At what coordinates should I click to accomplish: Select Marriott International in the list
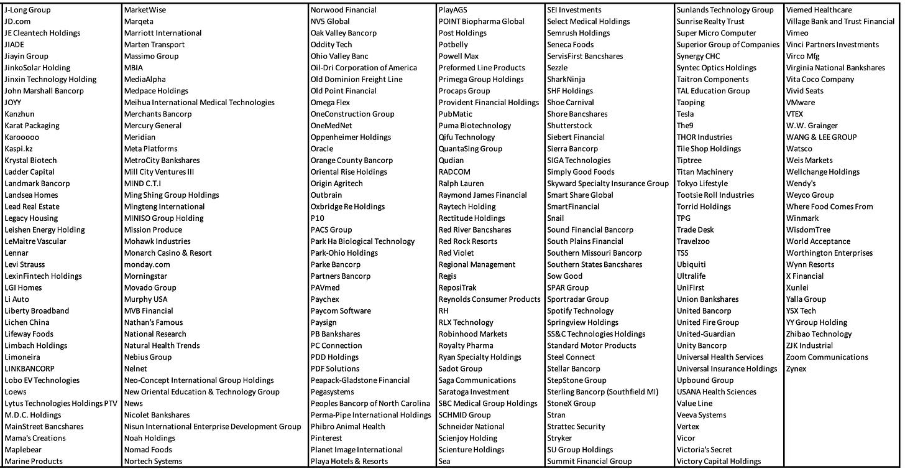click(x=163, y=33)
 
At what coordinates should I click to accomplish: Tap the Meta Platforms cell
click(x=150, y=149)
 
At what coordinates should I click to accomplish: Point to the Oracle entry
click(x=322, y=149)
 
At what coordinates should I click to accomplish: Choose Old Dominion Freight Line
click(x=356, y=79)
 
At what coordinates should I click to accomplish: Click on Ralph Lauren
click(x=461, y=184)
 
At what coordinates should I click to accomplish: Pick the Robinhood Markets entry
click(x=473, y=334)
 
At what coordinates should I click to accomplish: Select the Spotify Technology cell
click(x=580, y=310)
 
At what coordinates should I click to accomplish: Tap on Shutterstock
click(x=569, y=126)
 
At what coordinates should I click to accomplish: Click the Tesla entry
click(x=685, y=114)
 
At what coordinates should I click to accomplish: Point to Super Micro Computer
click(x=716, y=33)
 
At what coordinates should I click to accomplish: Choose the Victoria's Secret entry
click(x=704, y=449)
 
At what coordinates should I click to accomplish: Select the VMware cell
click(x=800, y=103)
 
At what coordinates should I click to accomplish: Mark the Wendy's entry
click(x=801, y=184)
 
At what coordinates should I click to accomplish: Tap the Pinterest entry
click(x=326, y=438)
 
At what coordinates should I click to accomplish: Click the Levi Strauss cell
click(x=25, y=264)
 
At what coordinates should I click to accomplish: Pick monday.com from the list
click(x=147, y=264)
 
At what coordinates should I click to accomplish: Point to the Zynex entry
click(x=797, y=368)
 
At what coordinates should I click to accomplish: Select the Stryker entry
click(x=560, y=438)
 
